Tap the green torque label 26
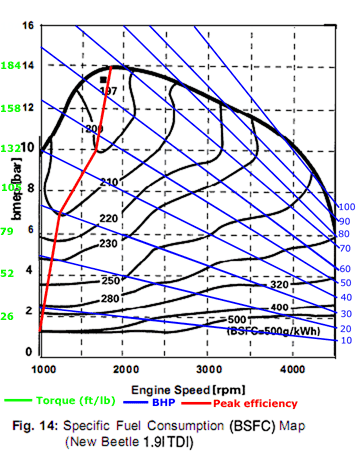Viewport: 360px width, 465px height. (9, 316)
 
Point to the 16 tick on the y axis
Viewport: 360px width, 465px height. (28, 24)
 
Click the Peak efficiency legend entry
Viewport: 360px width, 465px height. (255, 403)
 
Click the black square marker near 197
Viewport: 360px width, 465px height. (102, 78)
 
